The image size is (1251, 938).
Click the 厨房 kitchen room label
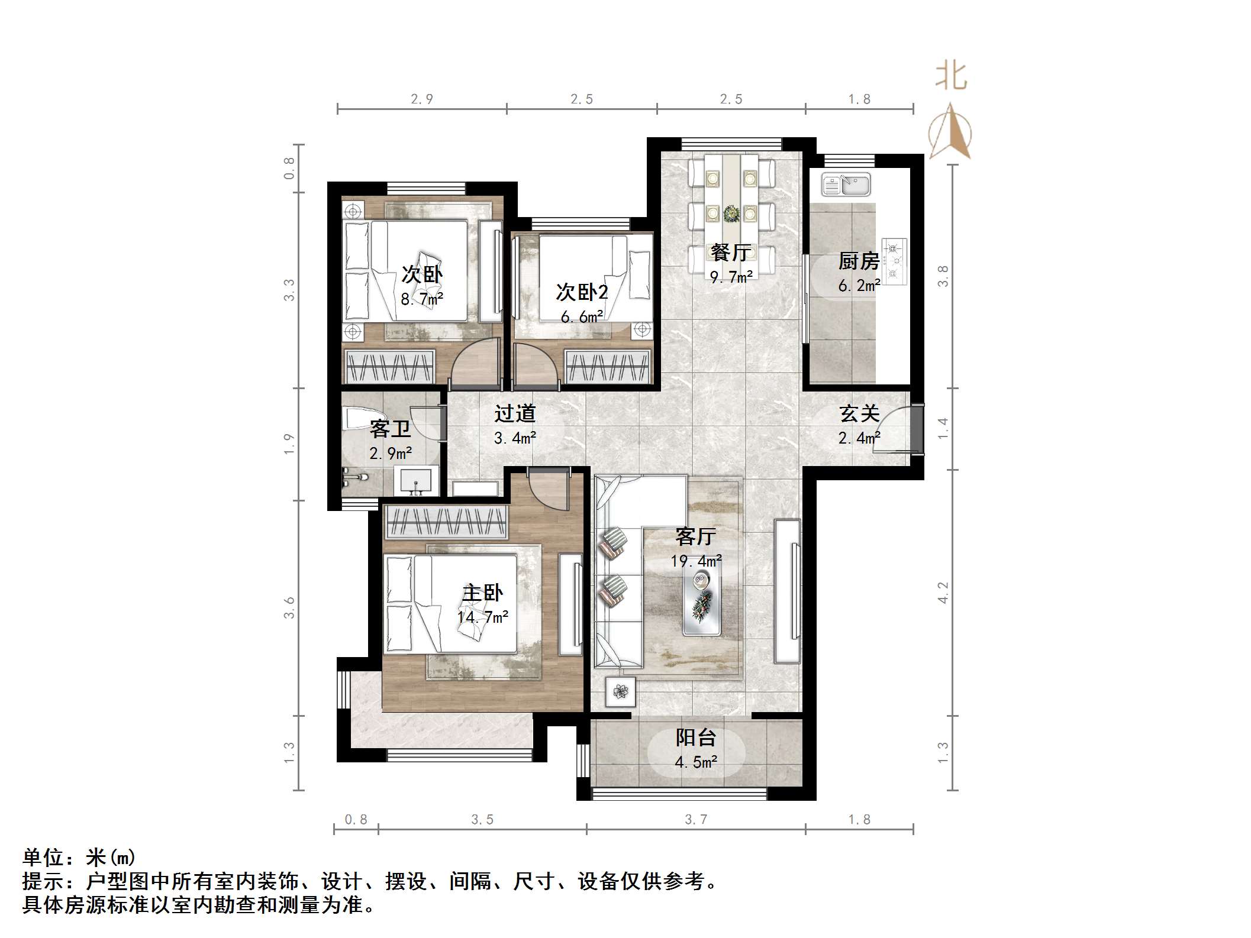pyautogui.click(x=858, y=261)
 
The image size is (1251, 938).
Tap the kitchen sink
pyautogui.click(x=846, y=185)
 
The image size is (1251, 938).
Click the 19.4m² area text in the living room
pyautogui.click(x=696, y=561)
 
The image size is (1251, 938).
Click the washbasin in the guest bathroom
pyautogui.click(x=416, y=480)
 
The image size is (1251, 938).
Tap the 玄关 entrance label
pyautogui.click(x=859, y=413)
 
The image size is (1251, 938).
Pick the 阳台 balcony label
pyautogui.click(x=696, y=738)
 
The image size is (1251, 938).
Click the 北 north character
pyautogui.click(x=951, y=77)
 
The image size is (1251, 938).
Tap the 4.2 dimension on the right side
pyautogui.click(x=943, y=592)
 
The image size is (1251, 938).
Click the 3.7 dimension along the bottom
pyautogui.click(x=696, y=819)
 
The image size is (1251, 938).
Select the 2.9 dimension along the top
pyautogui.click(x=422, y=99)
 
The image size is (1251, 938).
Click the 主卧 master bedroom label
pyautogui.click(x=482, y=593)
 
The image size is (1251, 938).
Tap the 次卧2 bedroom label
pyautogui.click(x=582, y=292)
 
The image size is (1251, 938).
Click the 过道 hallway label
pyautogui.click(x=515, y=413)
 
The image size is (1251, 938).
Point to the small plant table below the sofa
pyautogui.click(x=620, y=691)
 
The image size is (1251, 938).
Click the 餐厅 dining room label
pyautogui.click(x=731, y=253)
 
